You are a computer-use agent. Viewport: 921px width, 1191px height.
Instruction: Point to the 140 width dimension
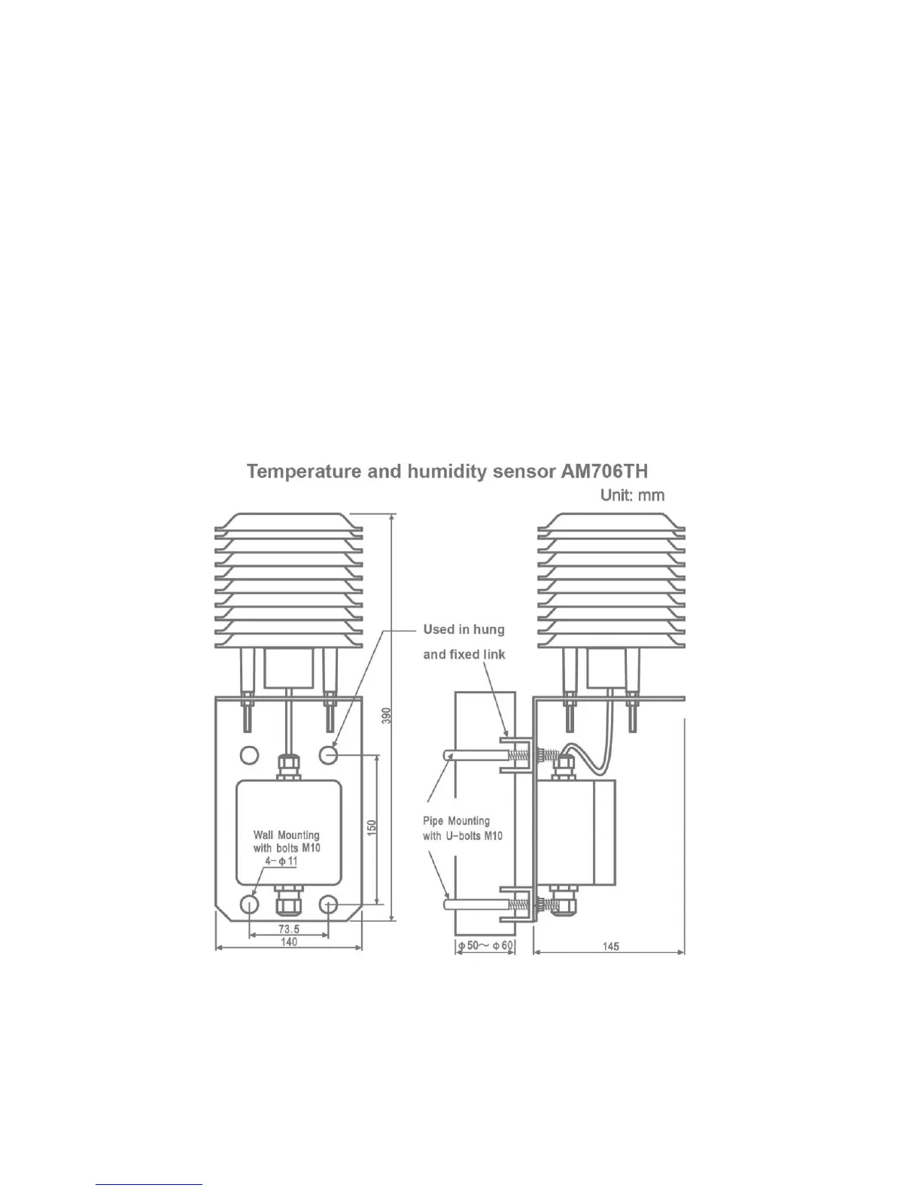(289, 942)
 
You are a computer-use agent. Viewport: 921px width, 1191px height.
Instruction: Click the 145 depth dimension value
(610, 946)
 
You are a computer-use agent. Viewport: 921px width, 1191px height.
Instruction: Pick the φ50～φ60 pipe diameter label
(485, 946)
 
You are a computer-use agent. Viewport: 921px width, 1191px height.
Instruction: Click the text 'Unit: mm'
(632, 495)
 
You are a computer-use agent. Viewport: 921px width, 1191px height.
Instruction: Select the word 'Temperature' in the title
(302, 471)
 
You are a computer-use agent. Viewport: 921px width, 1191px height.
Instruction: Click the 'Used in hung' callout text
(464, 629)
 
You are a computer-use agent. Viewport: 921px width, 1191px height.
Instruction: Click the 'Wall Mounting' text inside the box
(287, 835)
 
